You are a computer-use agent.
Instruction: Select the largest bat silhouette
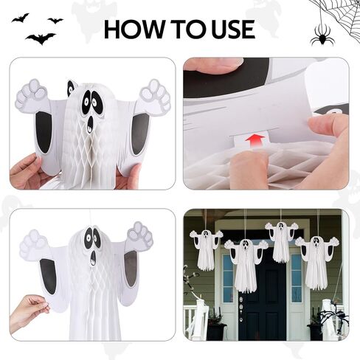tap(41, 38)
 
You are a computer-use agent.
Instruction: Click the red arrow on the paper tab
tap(256, 141)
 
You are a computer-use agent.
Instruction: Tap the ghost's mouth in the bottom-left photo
tap(93, 258)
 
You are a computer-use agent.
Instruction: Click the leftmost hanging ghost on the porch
tap(206, 249)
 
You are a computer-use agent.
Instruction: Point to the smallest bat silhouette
tap(56, 21)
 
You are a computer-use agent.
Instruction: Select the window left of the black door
tap(228, 278)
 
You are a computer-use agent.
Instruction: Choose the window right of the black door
tap(296, 278)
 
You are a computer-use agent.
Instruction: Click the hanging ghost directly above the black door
tap(281, 241)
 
